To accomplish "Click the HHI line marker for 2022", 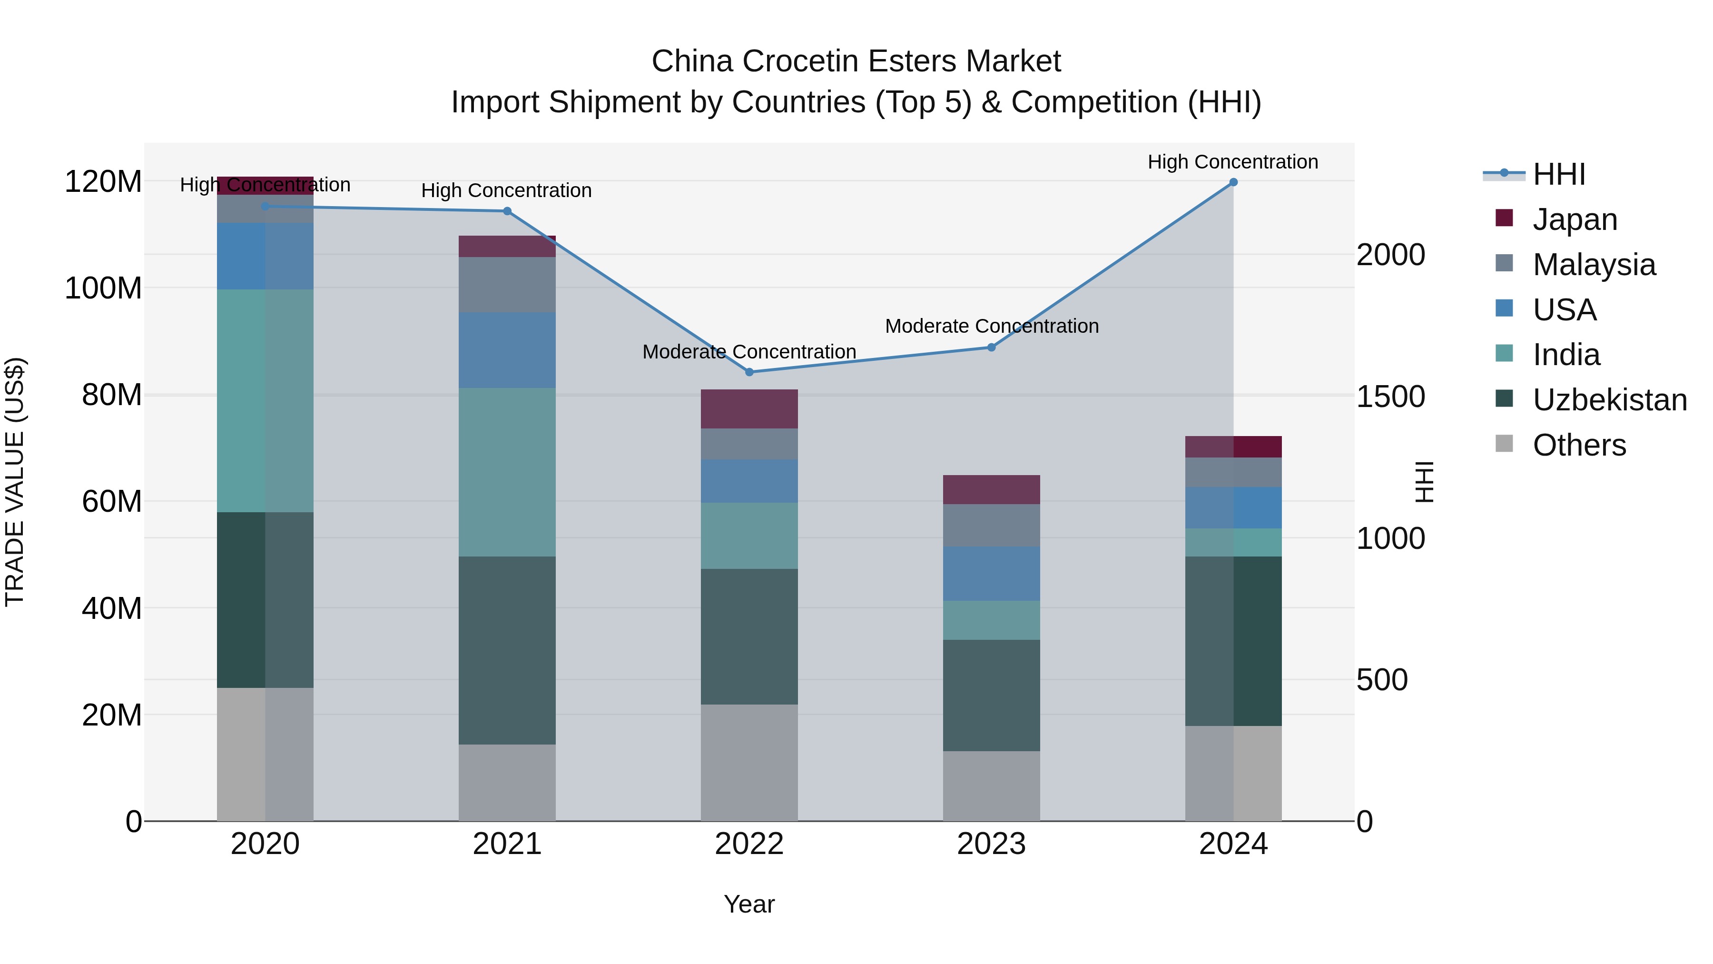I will (x=749, y=372).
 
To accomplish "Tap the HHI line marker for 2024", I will (x=1233, y=182).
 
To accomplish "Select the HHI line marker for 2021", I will (x=507, y=211).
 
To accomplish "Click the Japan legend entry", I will (x=1574, y=219).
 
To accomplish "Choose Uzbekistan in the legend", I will (x=1609, y=400).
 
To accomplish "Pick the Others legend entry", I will (x=1579, y=445).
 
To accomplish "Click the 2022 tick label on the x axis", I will (x=749, y=844).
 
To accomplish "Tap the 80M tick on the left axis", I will (x=112, y=395).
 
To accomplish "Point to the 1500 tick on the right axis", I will (x=1390, y=397).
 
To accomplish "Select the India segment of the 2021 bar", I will (x=507, y=472).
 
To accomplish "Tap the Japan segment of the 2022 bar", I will (x=749, y=408).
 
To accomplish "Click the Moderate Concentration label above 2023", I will (x=992, y=326).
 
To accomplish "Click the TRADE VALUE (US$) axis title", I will (x=15, y=482).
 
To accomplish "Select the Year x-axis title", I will (x=749, y=904).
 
